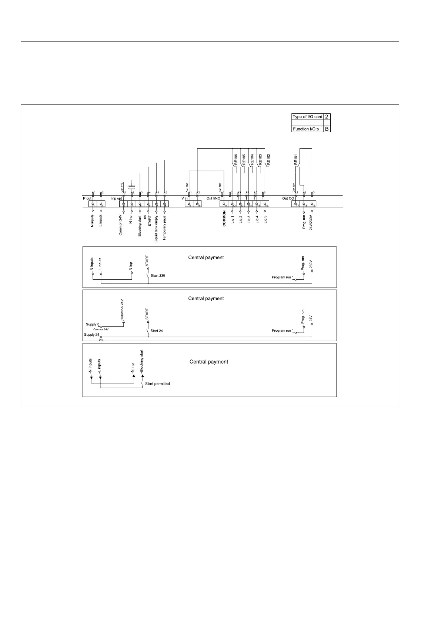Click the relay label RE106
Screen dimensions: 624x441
(236, 159)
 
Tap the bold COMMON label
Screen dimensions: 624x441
(224, 219)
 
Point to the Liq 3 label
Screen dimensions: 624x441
(248, 219)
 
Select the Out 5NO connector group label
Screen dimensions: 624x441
(213, 199)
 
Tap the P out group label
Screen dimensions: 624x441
(87, 199)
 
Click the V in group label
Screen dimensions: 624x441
(184, 199)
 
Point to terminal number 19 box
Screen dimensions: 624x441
(313, 204)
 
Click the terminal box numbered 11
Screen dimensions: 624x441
(225, 204)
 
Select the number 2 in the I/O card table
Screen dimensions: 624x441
(327, 117)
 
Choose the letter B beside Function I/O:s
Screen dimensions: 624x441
(327, 129)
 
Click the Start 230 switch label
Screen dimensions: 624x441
(158, 276)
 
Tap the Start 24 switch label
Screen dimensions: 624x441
(157, 331)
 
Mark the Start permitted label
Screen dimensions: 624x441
(157, 384)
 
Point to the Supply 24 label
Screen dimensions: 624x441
(91, 335)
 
